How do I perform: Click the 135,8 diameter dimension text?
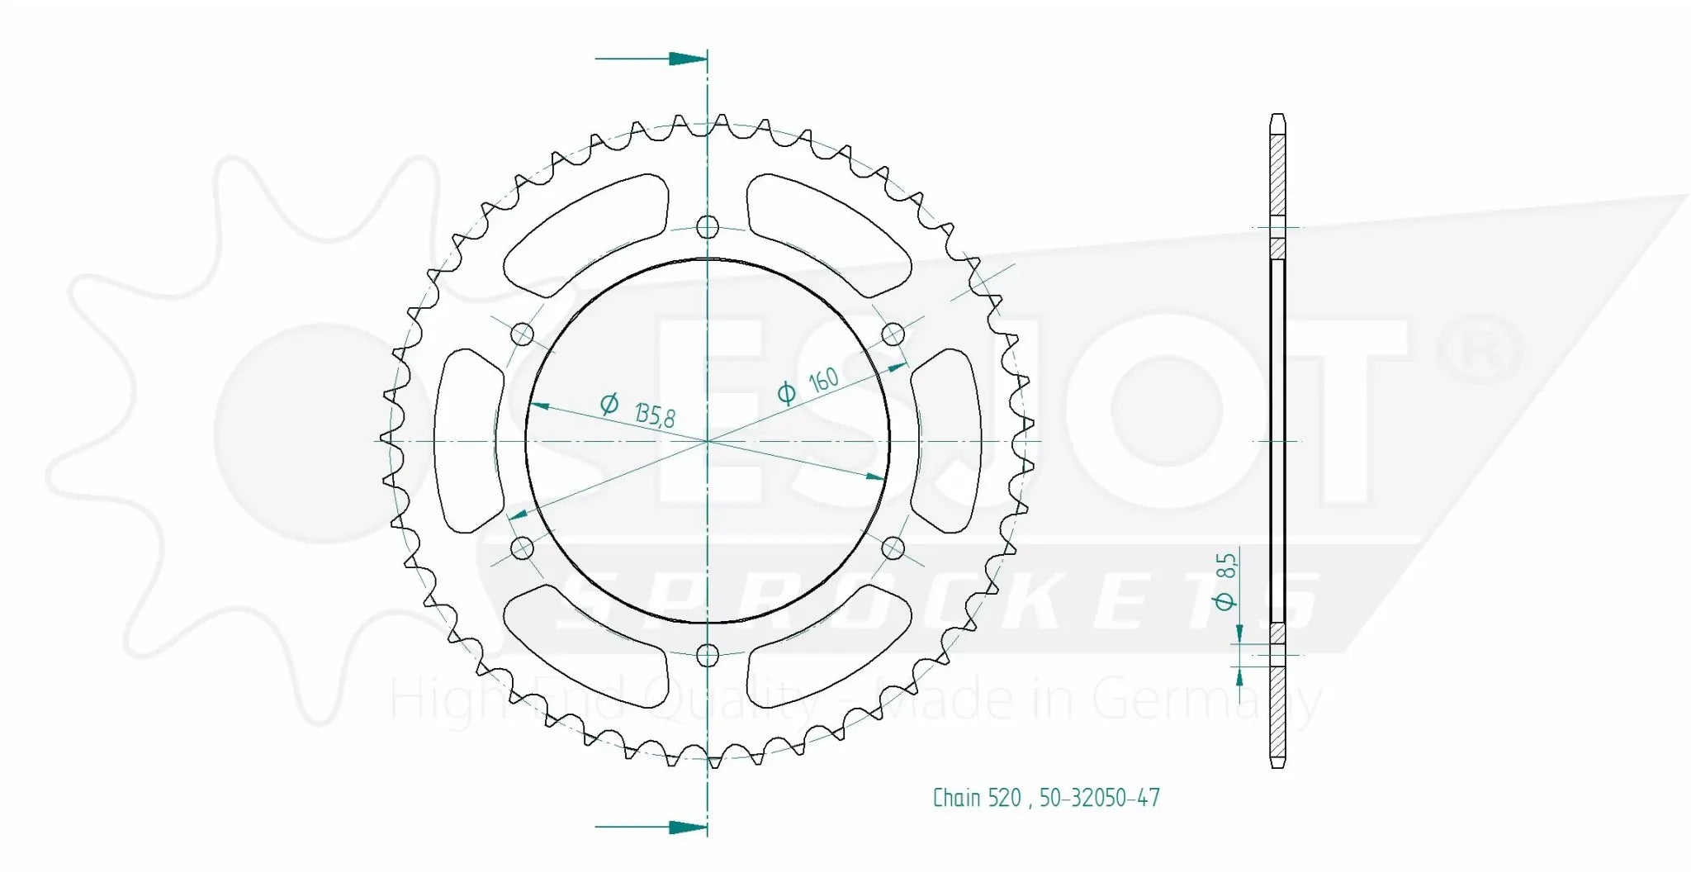click(x=655, y=414)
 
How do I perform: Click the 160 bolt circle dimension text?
click(x=822, y=382)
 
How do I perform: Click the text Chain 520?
click(x=977, y=798)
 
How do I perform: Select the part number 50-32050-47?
click(x=1099, y=798)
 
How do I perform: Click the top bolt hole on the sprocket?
click(x=708, y=226)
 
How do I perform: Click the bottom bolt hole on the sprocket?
click(x=708, y=656)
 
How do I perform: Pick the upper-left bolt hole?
click(x=523, y=334)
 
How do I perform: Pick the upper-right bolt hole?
click(x=893, y=334)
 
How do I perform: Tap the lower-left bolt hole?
click(x=523, y=548)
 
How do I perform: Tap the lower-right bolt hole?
click(x=893, y=548)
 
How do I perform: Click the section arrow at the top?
click(x=685, y=59)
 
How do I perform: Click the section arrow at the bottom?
click(x=685, y=827)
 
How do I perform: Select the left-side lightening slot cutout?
click(x=467, y=441)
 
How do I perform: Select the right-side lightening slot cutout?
click(x=948, y=441)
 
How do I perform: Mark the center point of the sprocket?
click(x=708, y=441)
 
